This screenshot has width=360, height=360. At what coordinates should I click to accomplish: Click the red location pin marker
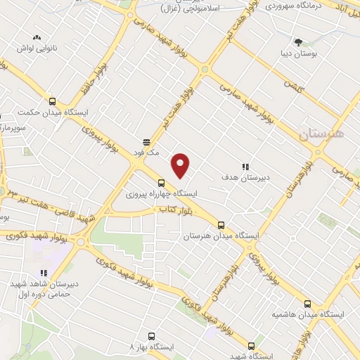point(181,166)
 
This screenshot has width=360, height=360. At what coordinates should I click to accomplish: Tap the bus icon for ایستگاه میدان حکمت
point(52,101)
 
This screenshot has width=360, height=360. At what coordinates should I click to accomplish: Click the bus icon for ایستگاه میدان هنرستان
point(221,225)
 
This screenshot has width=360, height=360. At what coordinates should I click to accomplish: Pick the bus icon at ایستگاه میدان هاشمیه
point(307,304)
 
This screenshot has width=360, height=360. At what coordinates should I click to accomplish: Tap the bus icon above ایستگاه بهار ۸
point(150,335)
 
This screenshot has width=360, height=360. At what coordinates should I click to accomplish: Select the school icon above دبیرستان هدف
point(245,166)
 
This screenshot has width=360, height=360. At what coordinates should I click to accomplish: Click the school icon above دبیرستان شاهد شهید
point(43,272)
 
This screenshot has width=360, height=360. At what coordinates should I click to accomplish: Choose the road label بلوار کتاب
point(160,210)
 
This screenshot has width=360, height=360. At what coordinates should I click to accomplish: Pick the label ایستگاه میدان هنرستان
point(217,236)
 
